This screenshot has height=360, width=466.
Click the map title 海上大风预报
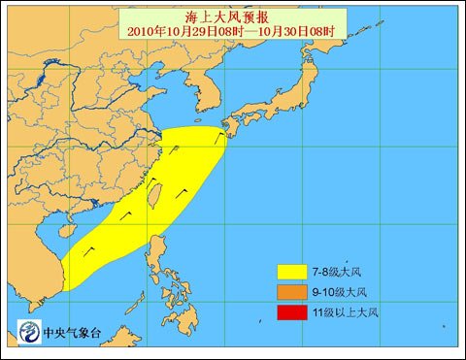[233, 17]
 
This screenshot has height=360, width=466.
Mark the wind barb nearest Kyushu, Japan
[219, 136]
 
